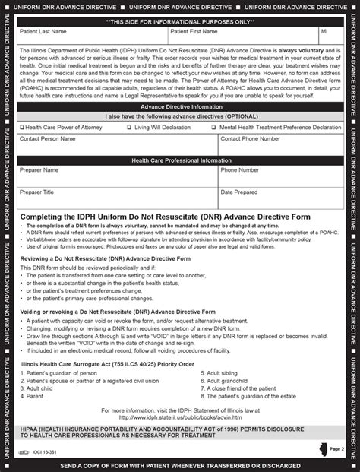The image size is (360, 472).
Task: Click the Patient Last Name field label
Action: pos(44,33)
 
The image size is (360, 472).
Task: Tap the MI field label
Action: pos(324,33)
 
